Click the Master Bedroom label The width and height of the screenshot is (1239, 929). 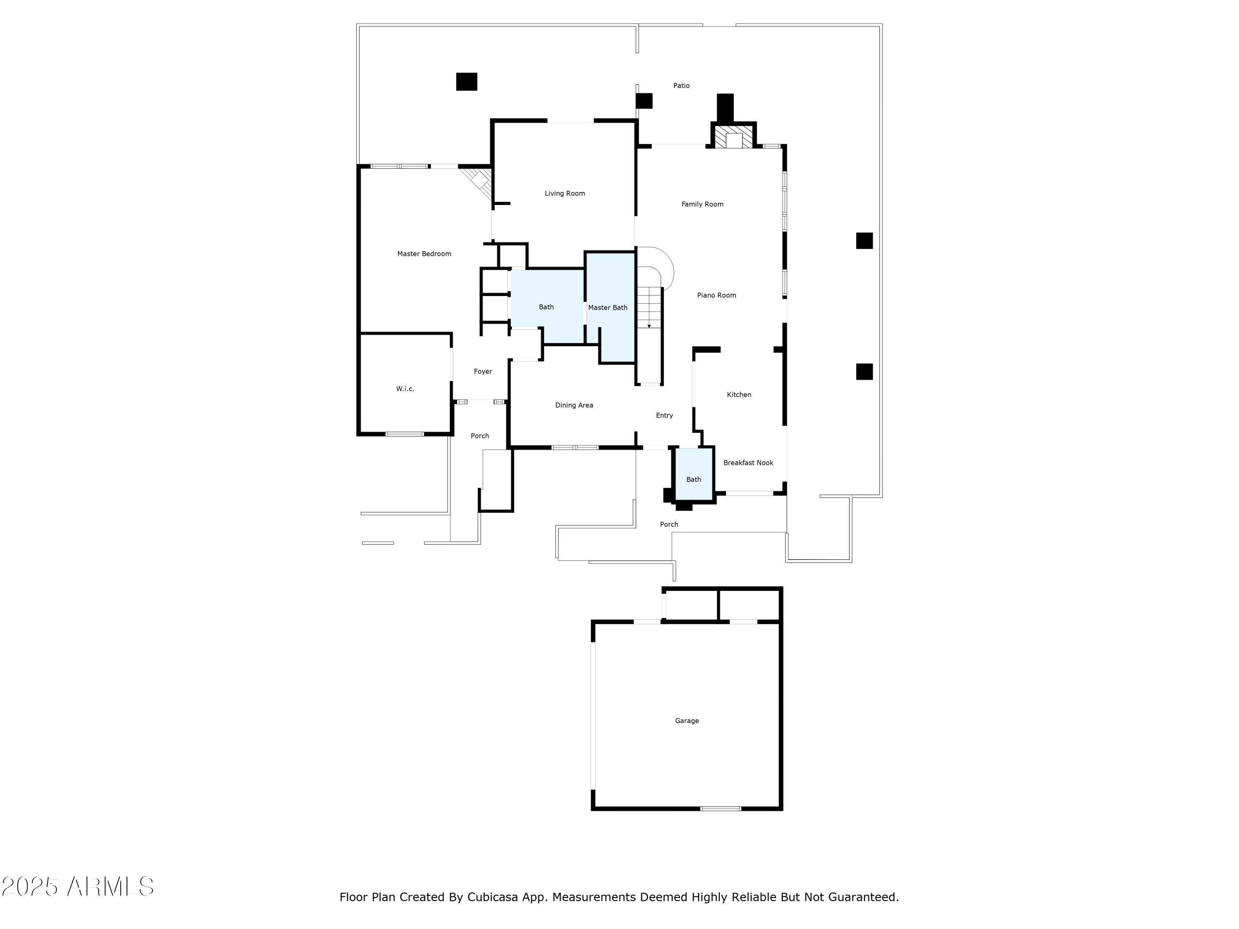click(424, 254)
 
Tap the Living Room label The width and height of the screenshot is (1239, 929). click(565, 193)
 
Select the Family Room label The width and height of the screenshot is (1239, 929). click(703, 204)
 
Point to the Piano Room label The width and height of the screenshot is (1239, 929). click(717, 295)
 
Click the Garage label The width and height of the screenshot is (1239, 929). click(687, 720)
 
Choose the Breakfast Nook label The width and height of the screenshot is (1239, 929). click(748, 462)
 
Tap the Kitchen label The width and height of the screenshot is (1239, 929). click(739, 395)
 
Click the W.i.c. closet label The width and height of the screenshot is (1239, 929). click(405, 389)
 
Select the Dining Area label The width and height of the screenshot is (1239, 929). click(574, 405)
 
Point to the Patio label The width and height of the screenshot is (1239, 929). click(681, 86)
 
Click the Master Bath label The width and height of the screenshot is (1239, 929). click(608, 308)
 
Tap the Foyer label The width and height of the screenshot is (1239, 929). click(483, 371)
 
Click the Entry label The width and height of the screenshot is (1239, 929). click(664, 415)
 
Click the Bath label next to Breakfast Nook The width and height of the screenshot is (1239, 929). click(693, 479)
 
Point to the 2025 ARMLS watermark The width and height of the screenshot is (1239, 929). click(78, 886)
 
